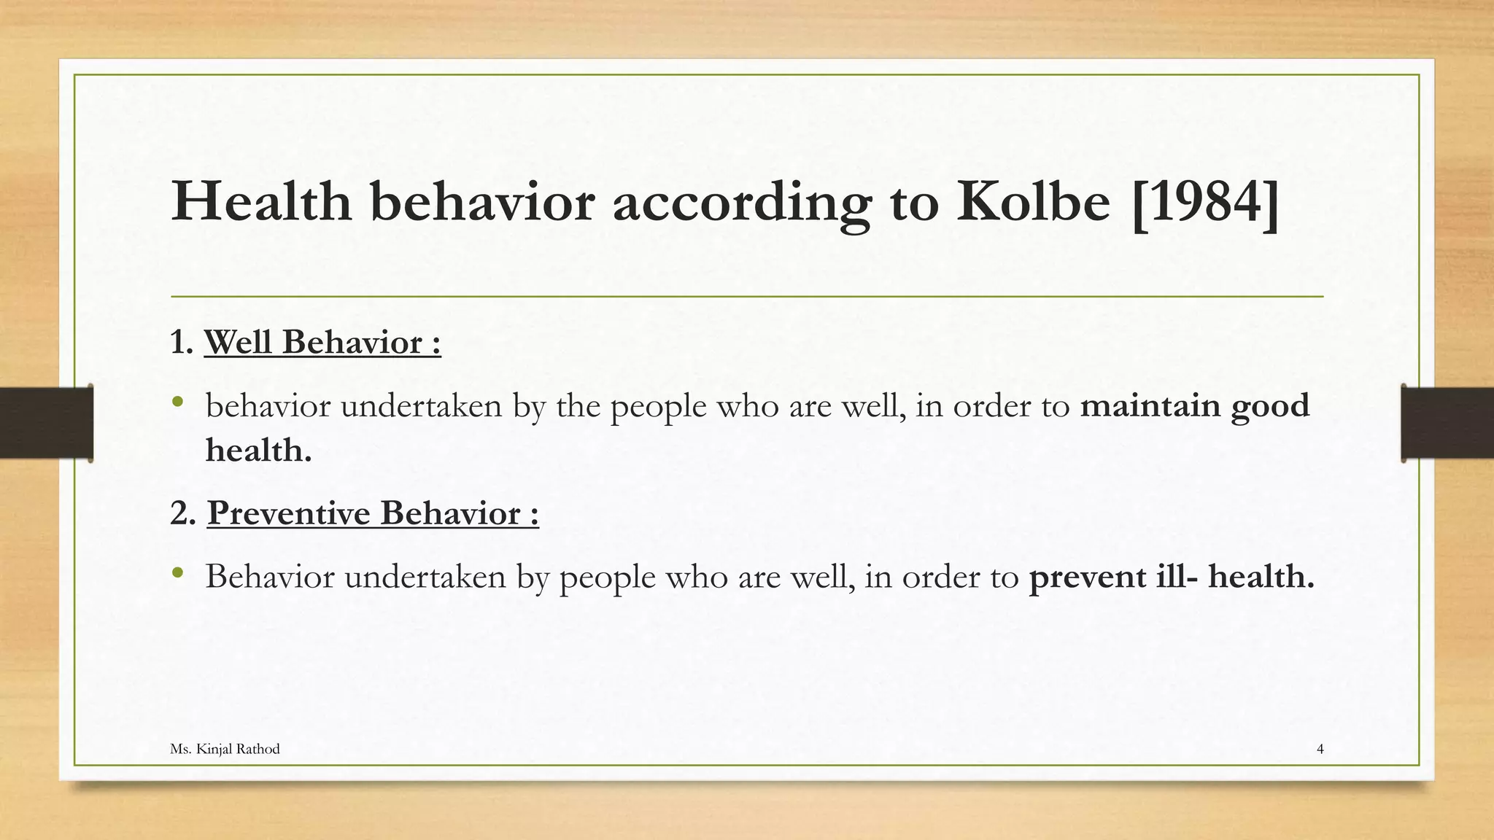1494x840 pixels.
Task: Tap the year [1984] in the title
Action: coord(1205,203)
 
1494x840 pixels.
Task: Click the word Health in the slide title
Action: coord(261,202)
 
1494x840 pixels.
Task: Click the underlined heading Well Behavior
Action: coord(322,342)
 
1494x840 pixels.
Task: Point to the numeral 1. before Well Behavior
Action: coord(181,342)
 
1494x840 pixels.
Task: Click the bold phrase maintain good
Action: coord(1194,406)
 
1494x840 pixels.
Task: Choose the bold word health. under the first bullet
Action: coord(258,450)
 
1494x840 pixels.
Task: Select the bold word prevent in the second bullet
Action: coord(1088,577)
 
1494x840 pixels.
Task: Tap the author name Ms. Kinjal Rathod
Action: coord(225,749)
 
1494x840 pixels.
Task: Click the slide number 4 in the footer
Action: coord(1320,749)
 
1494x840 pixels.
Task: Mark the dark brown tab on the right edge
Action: coord(1447,423)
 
